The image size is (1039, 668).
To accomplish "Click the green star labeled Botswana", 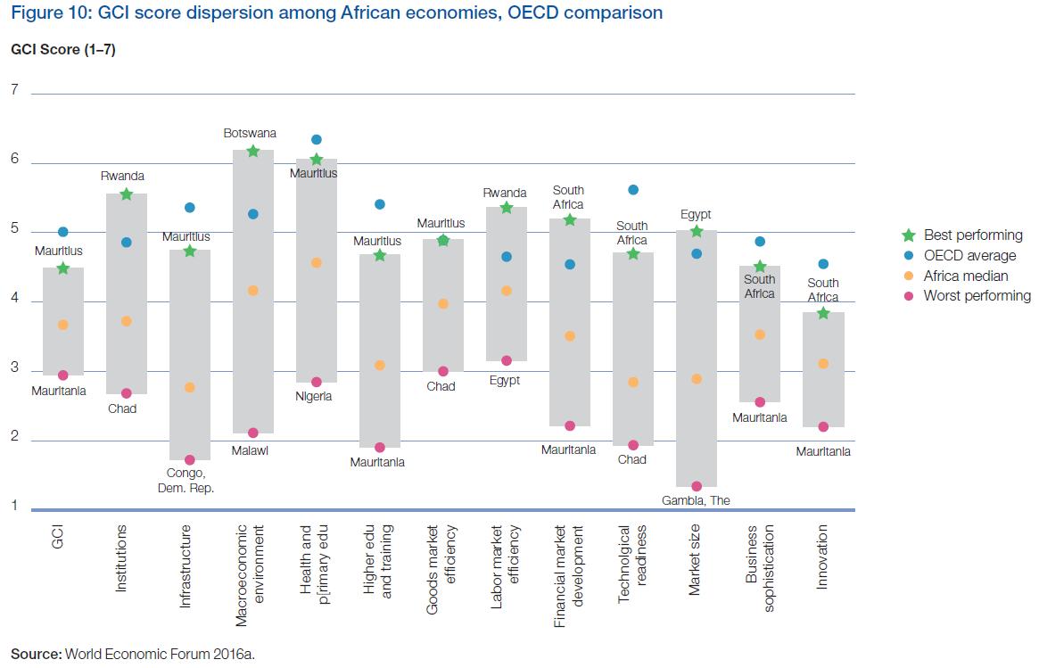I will [x=252, y=152].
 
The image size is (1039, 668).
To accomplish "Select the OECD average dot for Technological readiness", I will [x=633, y=190].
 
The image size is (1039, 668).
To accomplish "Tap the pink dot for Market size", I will [x=697, y=486].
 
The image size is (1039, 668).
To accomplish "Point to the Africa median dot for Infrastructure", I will [x=189, y=387].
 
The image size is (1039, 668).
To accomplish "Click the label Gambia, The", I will [x=696, y=500].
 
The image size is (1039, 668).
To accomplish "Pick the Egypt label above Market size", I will [x=696, y=215].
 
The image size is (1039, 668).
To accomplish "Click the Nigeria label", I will [x=313, y=396].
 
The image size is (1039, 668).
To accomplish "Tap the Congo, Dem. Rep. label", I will [x=189, y=480].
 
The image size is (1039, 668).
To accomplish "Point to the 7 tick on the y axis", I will [x=14, y=89].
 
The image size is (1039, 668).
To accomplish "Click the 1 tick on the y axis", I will [x=14, y=507].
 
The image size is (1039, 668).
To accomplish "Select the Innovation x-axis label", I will [x=822, y=557].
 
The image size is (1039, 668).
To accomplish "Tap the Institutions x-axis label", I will [x=123, y=559].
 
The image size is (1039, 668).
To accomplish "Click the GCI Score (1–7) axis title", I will [x=63, y=50].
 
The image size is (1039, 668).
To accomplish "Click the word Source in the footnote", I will [x=36, y=654].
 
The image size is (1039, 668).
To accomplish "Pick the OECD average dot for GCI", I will [x=62, y=232].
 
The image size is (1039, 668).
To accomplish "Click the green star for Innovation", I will [x=822, y=313].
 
